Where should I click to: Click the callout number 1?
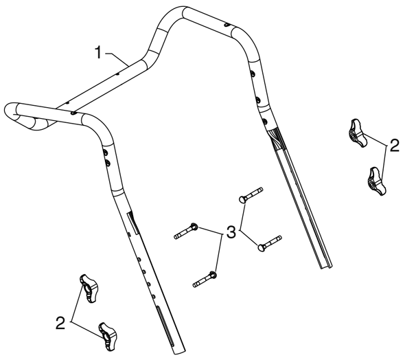(x=98, y=52)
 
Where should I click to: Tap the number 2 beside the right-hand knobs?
(x=394, y=146)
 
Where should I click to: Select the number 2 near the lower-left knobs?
(x=60, y=323)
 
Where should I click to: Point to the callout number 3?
(x=231, y=232)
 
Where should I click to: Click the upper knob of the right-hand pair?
(x=358, y=133)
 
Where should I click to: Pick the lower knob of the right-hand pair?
(x=376, y=181)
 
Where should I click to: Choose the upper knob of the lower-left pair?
(x=89, y=289)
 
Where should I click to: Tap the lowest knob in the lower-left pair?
(x=107, y=337)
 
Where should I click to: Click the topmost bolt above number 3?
(x=251, y=195)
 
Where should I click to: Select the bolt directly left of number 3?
(x=186, y=231)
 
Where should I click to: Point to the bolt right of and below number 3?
(x=270, y=243)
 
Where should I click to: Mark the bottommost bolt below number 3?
(x=205, y=279)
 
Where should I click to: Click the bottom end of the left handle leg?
(x=179, y=352)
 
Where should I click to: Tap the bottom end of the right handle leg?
(x=327, y=267)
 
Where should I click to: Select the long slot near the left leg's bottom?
(x=164, y=326)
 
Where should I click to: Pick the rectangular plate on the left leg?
(x=133, y=223)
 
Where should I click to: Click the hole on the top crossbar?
(x=227, y=25)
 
